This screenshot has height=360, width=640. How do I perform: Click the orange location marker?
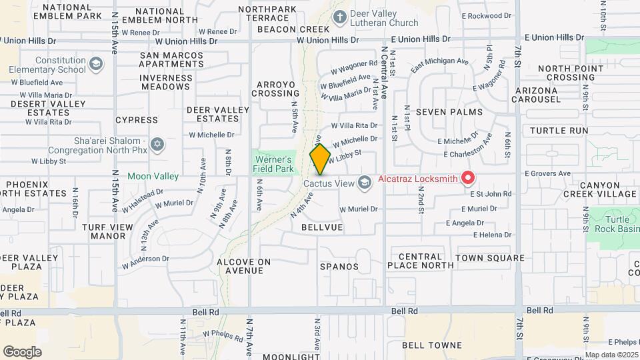(x=320, y=159)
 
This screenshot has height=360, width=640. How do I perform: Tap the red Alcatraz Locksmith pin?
(x=468, y=178)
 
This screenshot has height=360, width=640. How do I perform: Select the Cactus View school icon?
(x=364, y=182)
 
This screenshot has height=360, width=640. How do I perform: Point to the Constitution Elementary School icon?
(x=96, y=64)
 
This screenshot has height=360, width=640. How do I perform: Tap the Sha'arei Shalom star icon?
(x=158, y=144)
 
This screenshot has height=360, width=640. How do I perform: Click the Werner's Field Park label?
(x=273, y=164)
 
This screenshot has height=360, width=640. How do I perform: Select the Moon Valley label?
(x=153, y=176)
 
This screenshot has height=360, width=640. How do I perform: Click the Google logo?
(x=22, y=352)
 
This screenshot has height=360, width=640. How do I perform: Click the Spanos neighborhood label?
(x=339, y=267)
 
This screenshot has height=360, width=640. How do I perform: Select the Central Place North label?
(x=420, y=261)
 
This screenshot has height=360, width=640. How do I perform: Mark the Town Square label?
(x=490, y=258)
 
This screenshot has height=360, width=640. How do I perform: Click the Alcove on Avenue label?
(x=244, y=266)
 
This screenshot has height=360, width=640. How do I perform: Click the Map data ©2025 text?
(x=612, y=355)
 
